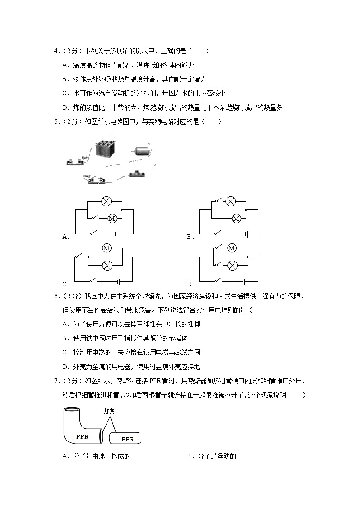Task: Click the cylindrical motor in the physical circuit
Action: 141,151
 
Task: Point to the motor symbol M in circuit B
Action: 235,218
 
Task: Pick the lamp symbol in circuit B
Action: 231,201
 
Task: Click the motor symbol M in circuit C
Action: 107,248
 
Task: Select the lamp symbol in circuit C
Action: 107,265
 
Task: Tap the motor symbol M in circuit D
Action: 231,248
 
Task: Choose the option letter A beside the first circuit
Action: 65,237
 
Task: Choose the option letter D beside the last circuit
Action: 190,285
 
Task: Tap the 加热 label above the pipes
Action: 110,412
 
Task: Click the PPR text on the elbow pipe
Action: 82,437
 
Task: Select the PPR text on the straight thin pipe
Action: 127,439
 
